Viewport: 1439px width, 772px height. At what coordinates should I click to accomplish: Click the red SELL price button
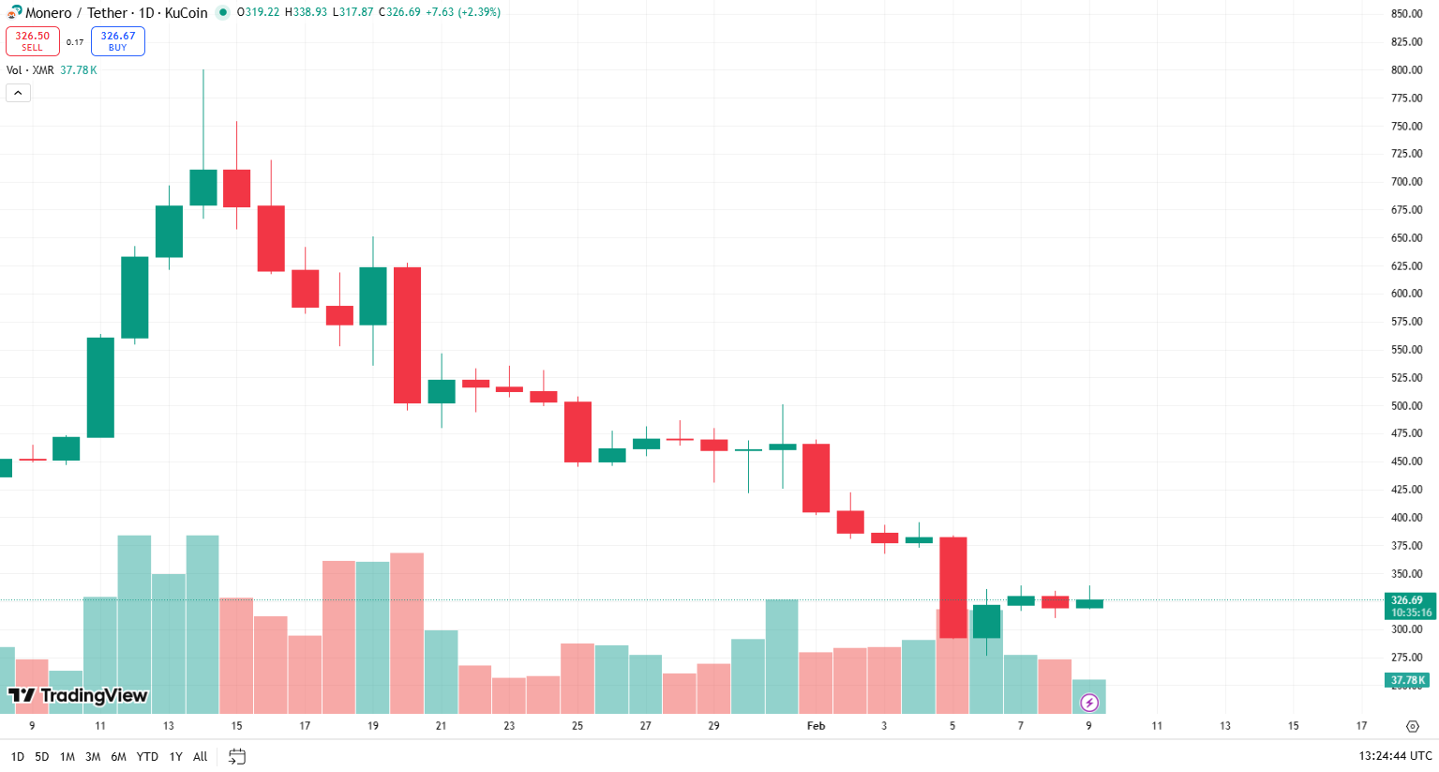[33, 41]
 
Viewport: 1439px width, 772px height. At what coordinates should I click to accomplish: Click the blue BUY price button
[117, 41]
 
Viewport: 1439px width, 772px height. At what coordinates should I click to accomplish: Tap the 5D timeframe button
[42, 756]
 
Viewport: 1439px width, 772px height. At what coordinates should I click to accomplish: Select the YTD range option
[147, 756]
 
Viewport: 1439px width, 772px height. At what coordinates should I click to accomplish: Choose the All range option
[200, 756]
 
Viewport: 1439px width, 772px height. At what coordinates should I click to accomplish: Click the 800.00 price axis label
[1406, 70]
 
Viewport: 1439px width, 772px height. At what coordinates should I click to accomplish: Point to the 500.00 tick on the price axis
[1406, 406]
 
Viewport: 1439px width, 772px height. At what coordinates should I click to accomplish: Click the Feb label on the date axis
[816, 726]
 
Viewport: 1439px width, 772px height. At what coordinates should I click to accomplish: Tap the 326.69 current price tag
[1409, 606]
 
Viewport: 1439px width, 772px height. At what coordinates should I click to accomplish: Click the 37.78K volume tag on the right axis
[1407, 680]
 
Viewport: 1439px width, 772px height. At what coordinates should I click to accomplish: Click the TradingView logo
[78, 695]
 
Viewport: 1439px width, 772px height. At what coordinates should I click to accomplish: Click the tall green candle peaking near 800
[203, 187]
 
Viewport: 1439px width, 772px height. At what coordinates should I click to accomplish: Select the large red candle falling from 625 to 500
[407, 335]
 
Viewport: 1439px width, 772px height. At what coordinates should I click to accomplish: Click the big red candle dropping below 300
[952, 587]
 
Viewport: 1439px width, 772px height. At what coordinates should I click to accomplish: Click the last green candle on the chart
[1089, 603]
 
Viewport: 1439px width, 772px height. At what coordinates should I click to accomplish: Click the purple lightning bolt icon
[1089, 703]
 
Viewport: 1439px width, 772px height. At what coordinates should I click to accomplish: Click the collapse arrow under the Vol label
[18, 93]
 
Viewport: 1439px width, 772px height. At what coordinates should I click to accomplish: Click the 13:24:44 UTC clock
[1395, 756]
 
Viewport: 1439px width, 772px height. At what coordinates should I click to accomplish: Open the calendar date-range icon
[237, 756]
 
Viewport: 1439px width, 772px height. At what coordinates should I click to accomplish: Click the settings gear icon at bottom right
[1413, 726]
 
